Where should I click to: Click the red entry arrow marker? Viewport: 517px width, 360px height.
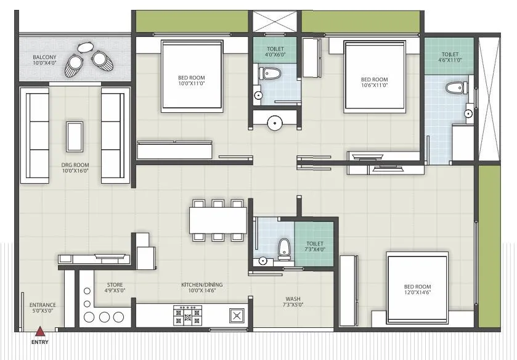41,330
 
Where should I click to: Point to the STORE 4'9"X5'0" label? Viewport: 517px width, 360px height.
115,287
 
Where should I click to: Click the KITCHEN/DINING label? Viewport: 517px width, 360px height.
202,287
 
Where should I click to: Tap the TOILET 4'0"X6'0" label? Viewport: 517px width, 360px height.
275,52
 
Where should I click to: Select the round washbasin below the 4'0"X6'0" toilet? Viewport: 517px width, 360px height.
274,123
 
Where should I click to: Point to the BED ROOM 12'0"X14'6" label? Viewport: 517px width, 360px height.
417,290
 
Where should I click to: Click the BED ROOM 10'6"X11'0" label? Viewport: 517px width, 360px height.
374,82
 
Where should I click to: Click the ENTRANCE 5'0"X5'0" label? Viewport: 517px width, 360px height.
43,308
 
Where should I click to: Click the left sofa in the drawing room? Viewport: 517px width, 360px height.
35,134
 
